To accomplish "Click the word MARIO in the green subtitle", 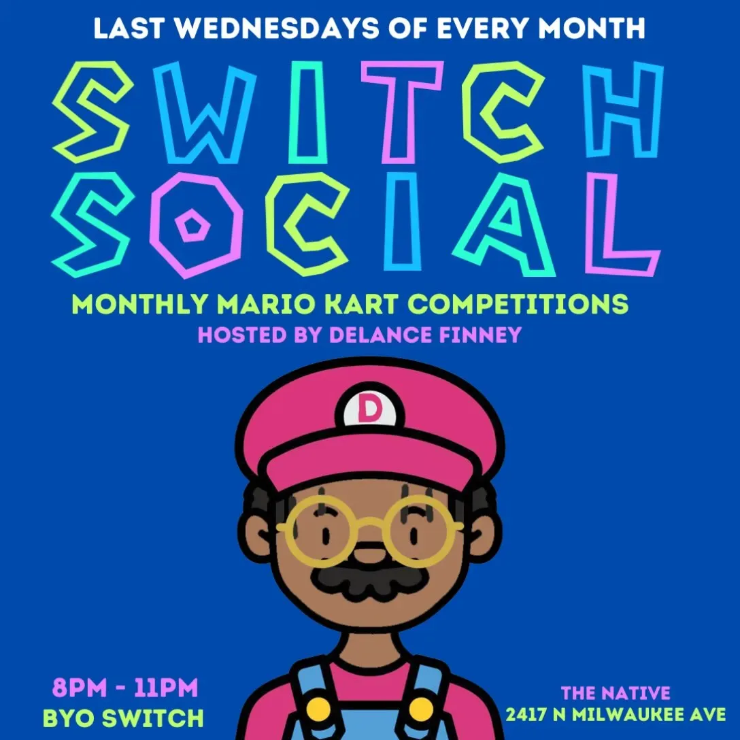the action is [266, 305].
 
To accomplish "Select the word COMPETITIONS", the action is [518, 305].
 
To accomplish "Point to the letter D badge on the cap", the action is [370, 409].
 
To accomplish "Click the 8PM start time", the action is [80, 688].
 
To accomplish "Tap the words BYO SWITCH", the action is [123, 718].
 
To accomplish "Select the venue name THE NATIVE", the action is [616, 693].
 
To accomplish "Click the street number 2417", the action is [525, 715].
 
